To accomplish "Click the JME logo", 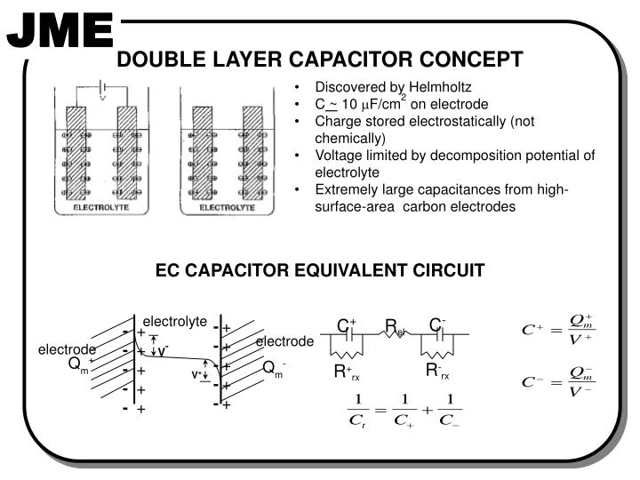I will [x=60, y=32].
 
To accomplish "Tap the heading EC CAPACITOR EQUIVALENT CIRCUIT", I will [x=320, y=269].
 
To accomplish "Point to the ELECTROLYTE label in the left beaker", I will [x=102, y=206].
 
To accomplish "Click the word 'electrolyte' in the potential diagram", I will [x=174, y=321].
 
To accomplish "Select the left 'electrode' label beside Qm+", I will [x=66, y=349].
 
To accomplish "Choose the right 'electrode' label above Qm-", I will [x=284, y=341].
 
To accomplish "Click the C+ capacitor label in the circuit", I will [x=346, y=325].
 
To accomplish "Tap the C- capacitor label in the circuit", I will [x=437, y=324].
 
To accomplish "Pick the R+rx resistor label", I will [x=346, y=372].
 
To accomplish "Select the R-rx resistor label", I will [x=437, y=371].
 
